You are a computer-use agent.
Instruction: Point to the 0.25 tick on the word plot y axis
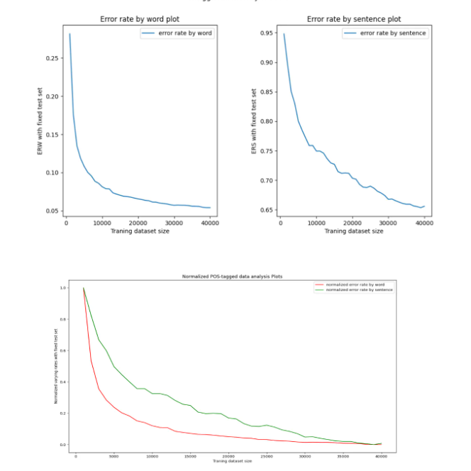point(52,58)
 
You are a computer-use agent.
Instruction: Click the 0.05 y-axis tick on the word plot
point(52,211)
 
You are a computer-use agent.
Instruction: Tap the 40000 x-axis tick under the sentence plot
point(424,223)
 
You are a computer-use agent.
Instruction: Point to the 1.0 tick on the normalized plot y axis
point(62,288)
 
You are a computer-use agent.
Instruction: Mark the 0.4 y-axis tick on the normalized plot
point(62,382)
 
